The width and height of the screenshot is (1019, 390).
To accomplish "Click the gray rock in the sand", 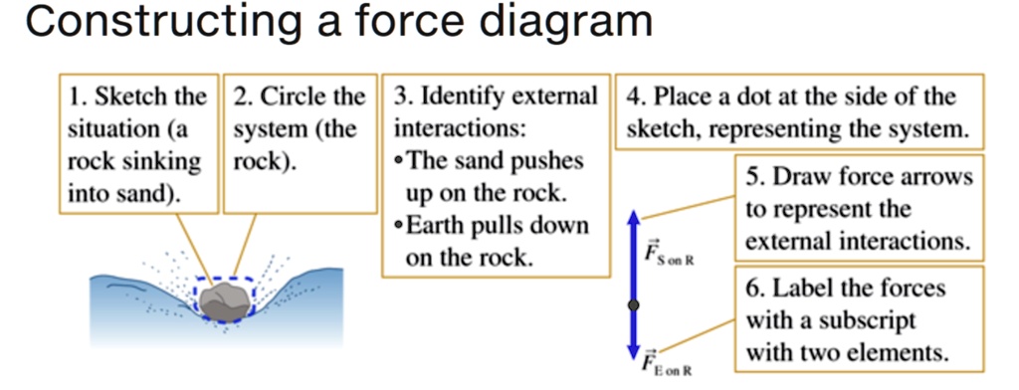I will click(227, 298).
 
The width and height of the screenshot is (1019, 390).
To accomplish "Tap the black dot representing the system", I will click(634, 304).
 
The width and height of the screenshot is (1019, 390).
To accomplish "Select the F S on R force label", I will click(668, 253).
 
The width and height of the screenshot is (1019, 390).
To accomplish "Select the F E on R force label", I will click(667, 362).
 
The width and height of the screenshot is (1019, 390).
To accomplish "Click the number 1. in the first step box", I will click(78, 97).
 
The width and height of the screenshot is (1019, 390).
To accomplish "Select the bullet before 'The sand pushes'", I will click(399, 161).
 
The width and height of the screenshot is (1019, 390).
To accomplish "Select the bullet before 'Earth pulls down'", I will click(399, 225).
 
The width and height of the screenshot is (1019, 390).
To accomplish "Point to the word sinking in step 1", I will click(165, 161).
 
